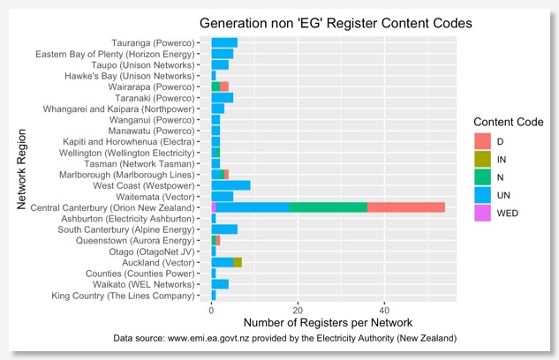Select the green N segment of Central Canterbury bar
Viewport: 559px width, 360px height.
(328, 207)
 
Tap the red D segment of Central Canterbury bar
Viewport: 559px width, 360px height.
(406, 207)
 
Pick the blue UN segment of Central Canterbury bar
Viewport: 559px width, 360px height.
(253, 207)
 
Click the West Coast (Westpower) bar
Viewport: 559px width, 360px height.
(230, 185)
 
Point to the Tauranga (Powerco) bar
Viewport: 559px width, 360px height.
(224, 42)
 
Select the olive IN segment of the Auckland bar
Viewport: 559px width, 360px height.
(238, 262)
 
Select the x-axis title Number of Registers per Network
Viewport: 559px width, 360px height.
(332, 323)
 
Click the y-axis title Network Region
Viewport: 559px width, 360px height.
(22, 171)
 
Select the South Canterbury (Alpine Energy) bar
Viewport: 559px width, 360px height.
(224, 229)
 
